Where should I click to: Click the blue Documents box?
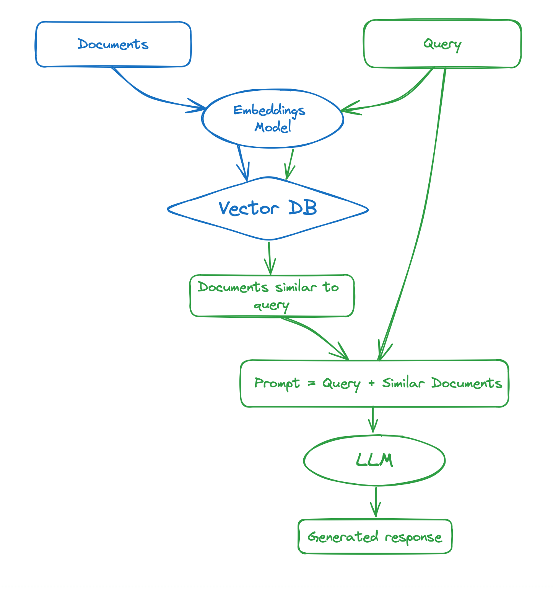(113, 44)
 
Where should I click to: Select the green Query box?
(442, 44)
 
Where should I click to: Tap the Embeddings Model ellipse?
(272, 119)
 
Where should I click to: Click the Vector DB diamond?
(268, 209)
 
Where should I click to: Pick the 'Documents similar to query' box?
(272, 296)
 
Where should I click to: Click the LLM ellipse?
(374, 460)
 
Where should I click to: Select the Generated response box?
(375, 537)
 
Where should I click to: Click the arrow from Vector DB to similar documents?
(270, 259)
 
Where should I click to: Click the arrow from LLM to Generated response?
(376, 502)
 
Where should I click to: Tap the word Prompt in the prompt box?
(277, 383)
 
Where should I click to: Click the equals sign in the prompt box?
(312, 383)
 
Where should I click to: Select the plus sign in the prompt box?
(371, 383)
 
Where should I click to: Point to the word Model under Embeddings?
(273, 127)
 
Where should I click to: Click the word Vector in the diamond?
(249, 209)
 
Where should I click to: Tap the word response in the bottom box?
(413, 537)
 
